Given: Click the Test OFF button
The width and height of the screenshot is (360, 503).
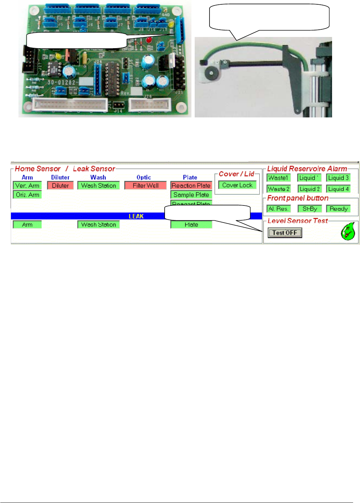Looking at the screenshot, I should click(x=285, y=233).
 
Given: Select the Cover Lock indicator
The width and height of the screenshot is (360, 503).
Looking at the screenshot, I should click(x=237, y=185).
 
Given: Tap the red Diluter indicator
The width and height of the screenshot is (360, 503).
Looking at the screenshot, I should click(x=60, y=186).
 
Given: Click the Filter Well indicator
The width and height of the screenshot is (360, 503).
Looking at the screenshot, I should click(x=145, y=186).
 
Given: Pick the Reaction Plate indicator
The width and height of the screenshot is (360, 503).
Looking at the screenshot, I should click(x=191, y=186).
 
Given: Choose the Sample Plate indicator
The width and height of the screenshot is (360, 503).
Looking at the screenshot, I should click(x=191, y=195).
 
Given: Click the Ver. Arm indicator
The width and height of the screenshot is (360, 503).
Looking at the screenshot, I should click(x=27, y=186).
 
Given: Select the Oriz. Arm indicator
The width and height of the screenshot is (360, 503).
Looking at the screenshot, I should click(x=27, y=195).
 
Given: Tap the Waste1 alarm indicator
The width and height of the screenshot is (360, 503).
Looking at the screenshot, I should click(x=278, y=178).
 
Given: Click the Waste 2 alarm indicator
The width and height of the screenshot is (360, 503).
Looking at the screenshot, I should click(x=278, y=189).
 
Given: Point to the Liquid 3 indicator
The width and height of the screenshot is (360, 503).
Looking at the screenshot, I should click(x=338, y=178).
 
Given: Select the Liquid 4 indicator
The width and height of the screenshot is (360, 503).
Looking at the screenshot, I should click(x=338, y=189).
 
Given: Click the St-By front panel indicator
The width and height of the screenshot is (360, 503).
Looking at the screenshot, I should click(x=310, y=209).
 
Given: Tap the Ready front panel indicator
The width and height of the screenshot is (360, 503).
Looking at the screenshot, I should click(x=338, y=209).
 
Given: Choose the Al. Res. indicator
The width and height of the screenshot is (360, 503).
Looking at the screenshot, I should click(x=278, y=209).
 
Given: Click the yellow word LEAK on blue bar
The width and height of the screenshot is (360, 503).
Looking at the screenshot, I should click(x=136, y=216).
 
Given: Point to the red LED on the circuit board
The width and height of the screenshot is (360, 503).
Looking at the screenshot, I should click(x=149, y=40).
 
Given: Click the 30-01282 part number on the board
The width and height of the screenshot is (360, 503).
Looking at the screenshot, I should click(x=61, y=82).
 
